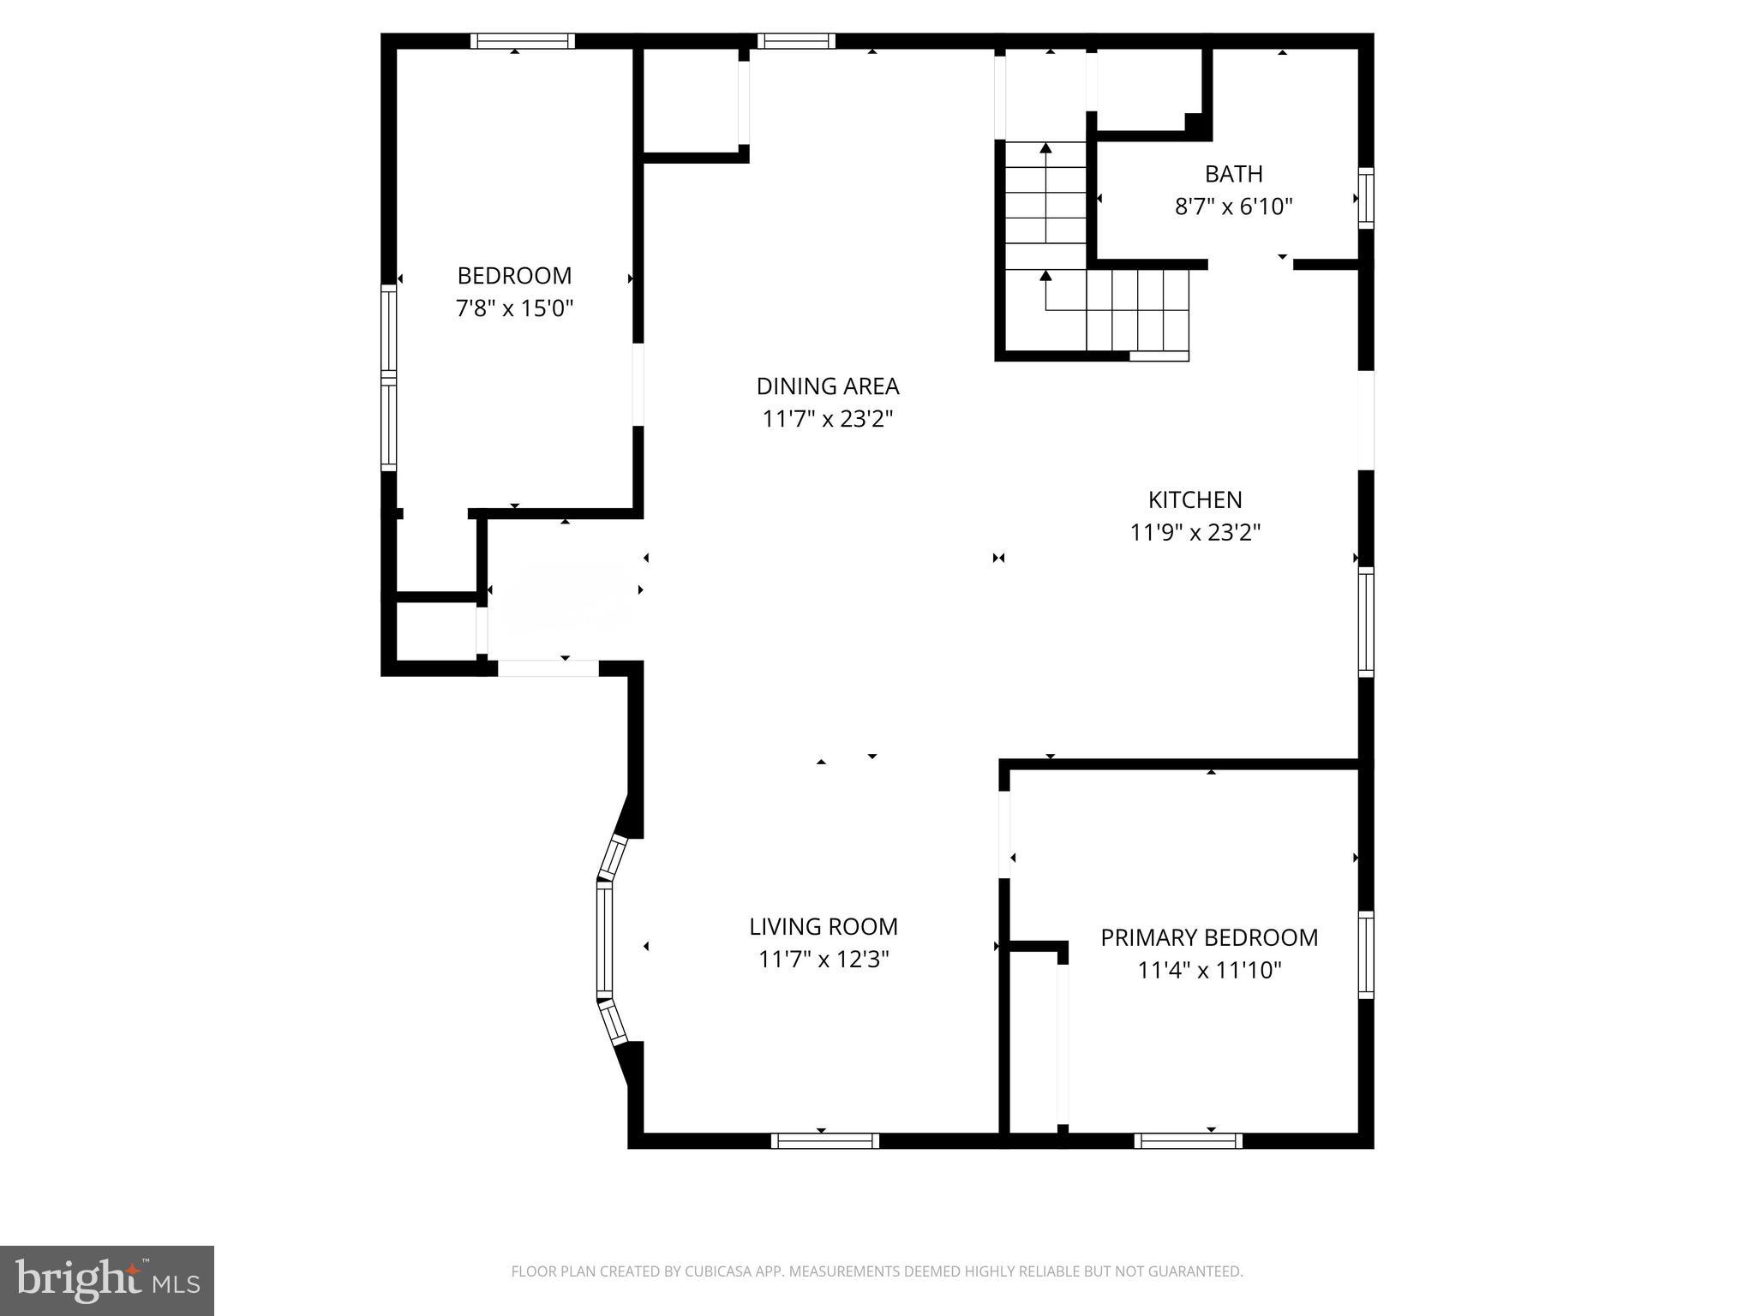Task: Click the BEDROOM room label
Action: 514,276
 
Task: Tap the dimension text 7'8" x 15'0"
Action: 514,308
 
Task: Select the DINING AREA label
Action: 827,386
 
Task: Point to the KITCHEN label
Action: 1195,499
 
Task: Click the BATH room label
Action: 1233,174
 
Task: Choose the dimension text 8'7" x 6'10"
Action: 1233,206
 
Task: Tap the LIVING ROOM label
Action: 823,926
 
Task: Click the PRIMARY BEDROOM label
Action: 1208,937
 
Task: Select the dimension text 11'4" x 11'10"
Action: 1208,970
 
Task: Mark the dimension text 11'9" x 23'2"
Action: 1195,532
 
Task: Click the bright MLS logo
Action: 107,1280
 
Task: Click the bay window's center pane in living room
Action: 605,939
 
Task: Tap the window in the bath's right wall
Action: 1366,198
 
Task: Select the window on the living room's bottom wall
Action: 824,1140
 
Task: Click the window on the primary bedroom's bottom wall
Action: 1188,1140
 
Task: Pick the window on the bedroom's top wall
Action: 522,41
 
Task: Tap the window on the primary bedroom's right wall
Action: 1366,954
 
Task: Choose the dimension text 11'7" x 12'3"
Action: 823,959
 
